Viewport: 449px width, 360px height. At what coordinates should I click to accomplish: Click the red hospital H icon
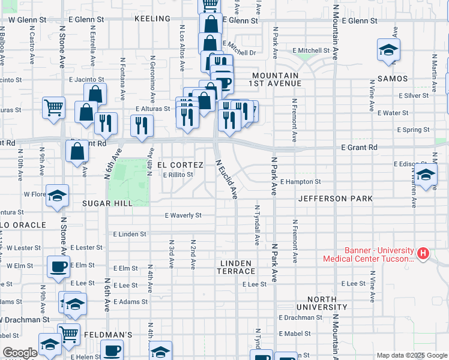pyautogui.click(x=423, y=254)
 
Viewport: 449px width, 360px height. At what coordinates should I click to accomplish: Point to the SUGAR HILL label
pyautogui.click(x=107, y=203)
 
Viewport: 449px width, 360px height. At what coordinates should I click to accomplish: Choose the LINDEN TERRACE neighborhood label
pyautogui.click(x=237, y=268)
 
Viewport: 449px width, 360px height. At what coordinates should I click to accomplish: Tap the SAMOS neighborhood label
pyautogui.click(x=393, y=79)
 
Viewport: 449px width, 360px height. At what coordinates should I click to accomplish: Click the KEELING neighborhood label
pyautogui.click(x=152, y=19)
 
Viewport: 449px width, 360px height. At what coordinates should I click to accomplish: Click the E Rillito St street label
pyautogui.click(x=178, y=175)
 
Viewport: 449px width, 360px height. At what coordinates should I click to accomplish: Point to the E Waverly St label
pyautogui.click(x=183, y=215)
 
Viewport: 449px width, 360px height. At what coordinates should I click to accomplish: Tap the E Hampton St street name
pyautogui.click(x=300, y=182)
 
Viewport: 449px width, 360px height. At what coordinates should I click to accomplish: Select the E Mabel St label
pyautogui.click(x=295, y=334)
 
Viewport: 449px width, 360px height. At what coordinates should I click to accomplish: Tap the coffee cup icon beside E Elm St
pyautogui.click(x=58, y=267)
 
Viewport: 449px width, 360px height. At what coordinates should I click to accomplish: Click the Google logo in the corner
pyautogui.click(x=20, y=353)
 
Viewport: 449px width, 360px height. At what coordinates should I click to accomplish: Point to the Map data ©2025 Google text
pyautogui.click(x=411, y=355)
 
